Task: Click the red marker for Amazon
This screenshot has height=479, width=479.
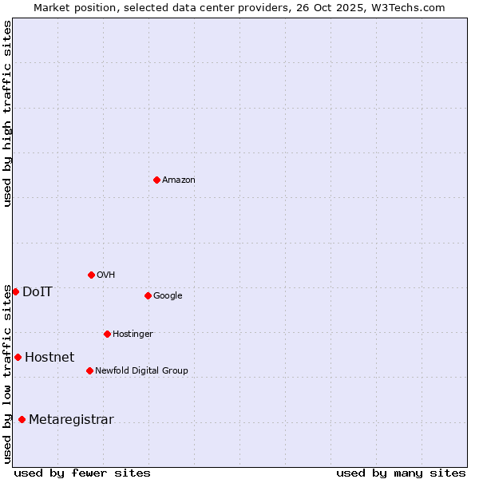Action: pyautogui.click(x=156, y=180)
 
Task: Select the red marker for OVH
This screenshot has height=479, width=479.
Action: pyautogui.click(x=91, y=275)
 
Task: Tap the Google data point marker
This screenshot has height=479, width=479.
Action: pyautogui.click(x=148, y=295)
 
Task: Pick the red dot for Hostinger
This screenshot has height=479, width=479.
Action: pyautogui.click(x=107, y=334)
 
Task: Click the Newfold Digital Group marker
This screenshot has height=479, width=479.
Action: pyautogui.click(x=89, y=370)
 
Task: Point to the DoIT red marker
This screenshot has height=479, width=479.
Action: pyautogui.click(x=15, y=291)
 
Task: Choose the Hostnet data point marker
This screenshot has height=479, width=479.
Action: pyautogui.click(x=18, y=357)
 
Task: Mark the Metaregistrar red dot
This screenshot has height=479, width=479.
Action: pyautogui.click(x=22, y=419)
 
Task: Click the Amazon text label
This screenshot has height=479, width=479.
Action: pyautogui.click(x=179, y=180)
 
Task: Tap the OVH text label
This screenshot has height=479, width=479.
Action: pyautogui.click(x=106, y=275)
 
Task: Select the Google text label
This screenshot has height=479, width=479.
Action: pyautogui.click(x=168, y=296)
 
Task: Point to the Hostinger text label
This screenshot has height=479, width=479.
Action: pyautogui.click(x=133, y=335)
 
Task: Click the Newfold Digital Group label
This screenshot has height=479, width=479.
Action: pyautogui.click(x=141, y=371)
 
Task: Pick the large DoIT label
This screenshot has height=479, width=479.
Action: pyautogui.click(x=38, y=292)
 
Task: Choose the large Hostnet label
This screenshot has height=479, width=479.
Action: pyautogui.click(x=49, y=358)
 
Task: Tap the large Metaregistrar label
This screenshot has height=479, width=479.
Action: pyautogui.click(x=71, y=420)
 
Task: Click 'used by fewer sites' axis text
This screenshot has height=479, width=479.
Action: pyautogui.click(x=82, y=473)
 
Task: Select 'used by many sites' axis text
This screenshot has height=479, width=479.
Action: pyautogui.click(x=401, y=473)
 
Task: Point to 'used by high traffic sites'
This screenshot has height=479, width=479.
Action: pyautogui.click(x=8, y=113)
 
